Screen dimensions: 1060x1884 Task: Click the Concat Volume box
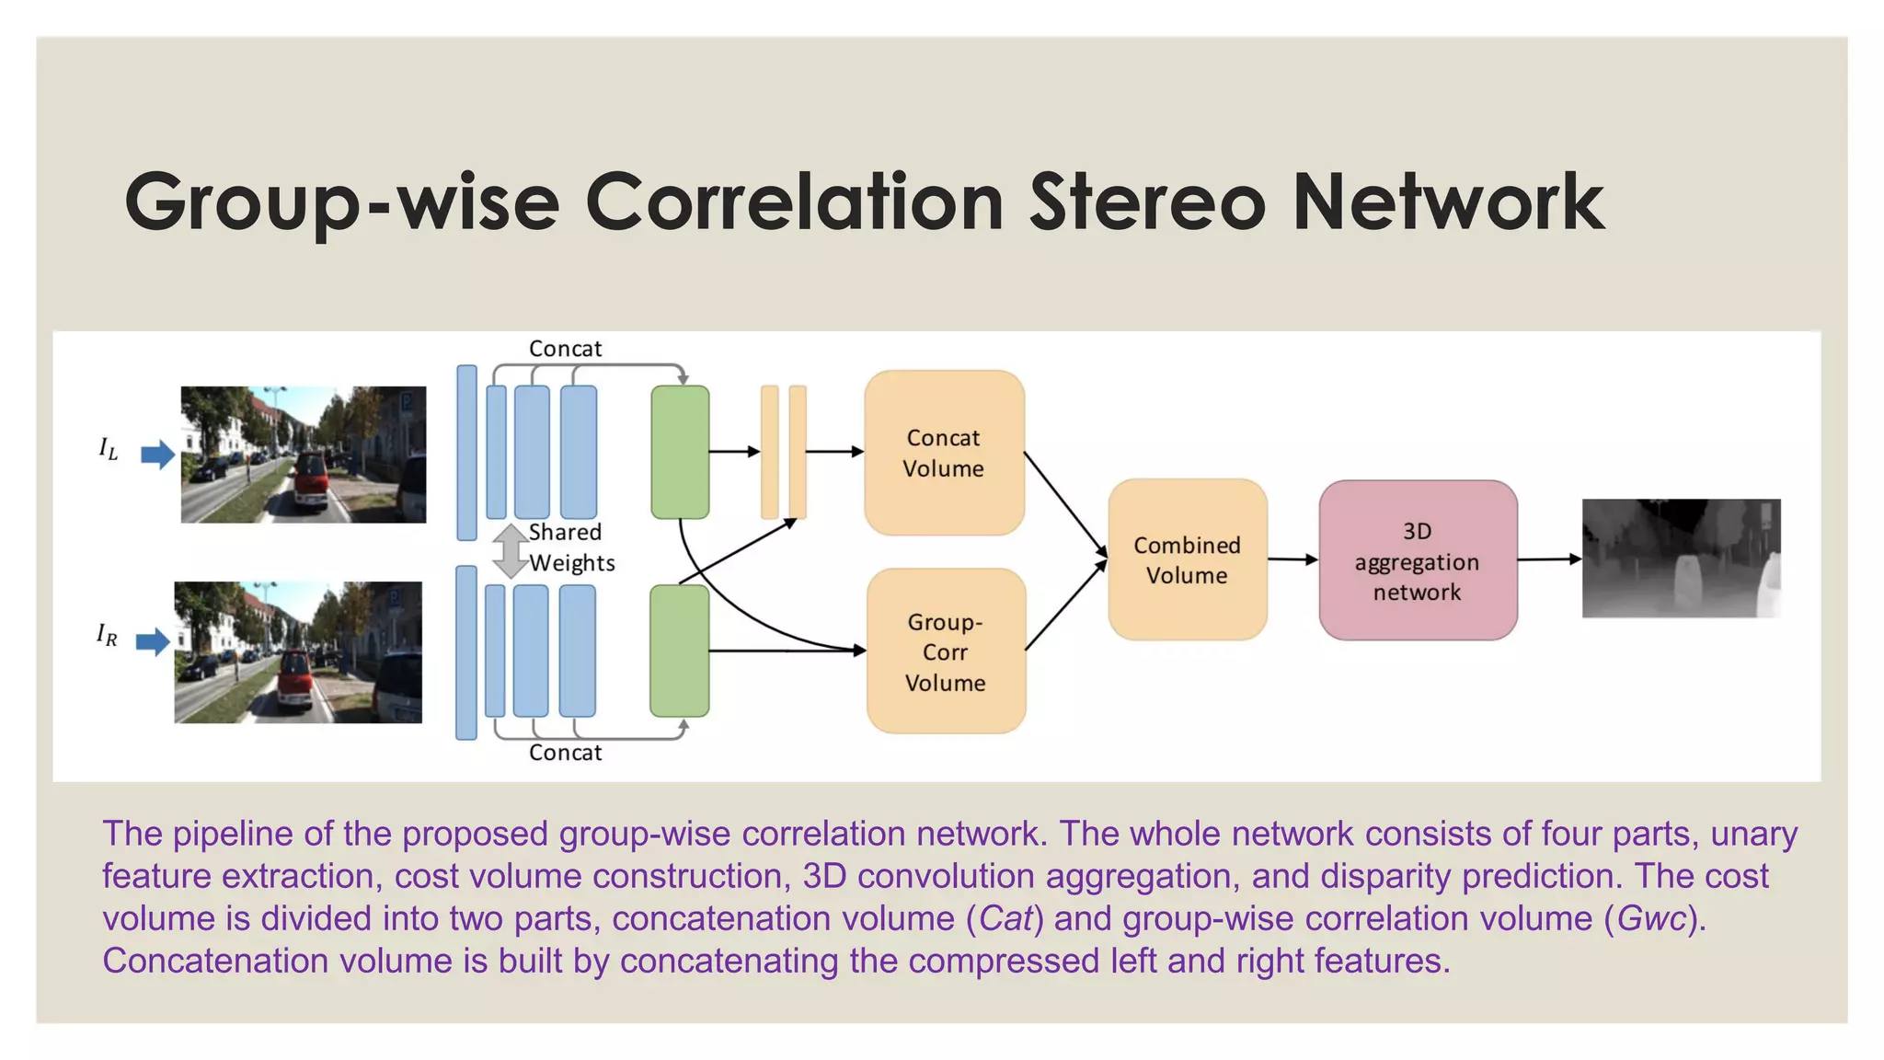[944, 453]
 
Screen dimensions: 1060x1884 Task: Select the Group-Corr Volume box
[946, 651]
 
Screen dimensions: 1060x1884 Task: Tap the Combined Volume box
[1187, 559]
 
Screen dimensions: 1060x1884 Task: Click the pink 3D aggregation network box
[1417, 560]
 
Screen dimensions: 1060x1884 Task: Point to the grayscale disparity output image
[1681, 559]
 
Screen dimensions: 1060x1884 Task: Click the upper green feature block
[680, 452]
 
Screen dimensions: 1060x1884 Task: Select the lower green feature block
[680, 651]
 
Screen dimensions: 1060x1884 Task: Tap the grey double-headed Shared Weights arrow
[510, 550]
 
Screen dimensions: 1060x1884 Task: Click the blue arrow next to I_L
[157, 454]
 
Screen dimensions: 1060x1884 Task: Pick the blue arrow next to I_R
[153, 640]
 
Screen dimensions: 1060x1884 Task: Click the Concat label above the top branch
[565, 349]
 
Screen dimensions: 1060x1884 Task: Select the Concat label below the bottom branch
[565, 753]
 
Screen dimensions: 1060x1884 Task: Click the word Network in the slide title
[1448, 202]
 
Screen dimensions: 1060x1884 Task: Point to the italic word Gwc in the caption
[1652, 918]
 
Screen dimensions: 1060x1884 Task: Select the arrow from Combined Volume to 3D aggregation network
[1292, 559]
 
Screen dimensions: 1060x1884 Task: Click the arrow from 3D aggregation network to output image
[1549, 559]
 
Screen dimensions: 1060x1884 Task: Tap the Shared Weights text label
[570, 547]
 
